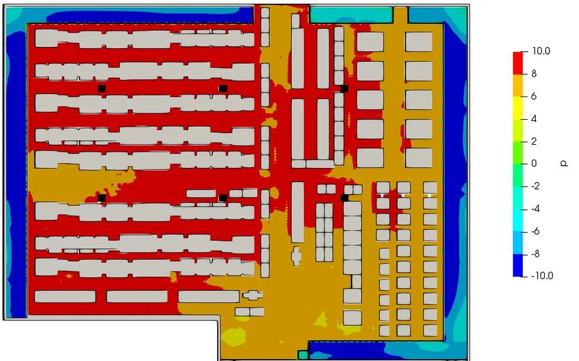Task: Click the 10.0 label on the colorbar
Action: [541, 51]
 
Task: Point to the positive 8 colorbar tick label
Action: [534, 74]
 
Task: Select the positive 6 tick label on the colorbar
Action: [534, 97]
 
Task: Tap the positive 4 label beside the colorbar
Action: [534, 119]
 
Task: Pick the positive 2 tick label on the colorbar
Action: [534, 142]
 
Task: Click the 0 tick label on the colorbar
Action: [534, 163]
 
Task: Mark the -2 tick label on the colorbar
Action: [535, 186]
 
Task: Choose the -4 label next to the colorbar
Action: [535, 209]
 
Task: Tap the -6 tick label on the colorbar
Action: [535, 232]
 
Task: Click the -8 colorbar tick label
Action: [535, 254]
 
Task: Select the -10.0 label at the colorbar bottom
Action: [542, 275]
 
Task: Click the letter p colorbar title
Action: [564, 163]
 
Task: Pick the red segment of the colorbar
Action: [518, 63]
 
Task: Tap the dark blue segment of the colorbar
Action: [518, 265]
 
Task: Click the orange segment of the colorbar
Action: [518, 86]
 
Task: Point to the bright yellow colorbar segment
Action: [518, 108]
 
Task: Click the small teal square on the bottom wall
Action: [303, 355]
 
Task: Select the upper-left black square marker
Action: [102, 89]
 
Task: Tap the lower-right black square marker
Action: [345, 198]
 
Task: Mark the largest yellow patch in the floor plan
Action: [234, 337]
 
